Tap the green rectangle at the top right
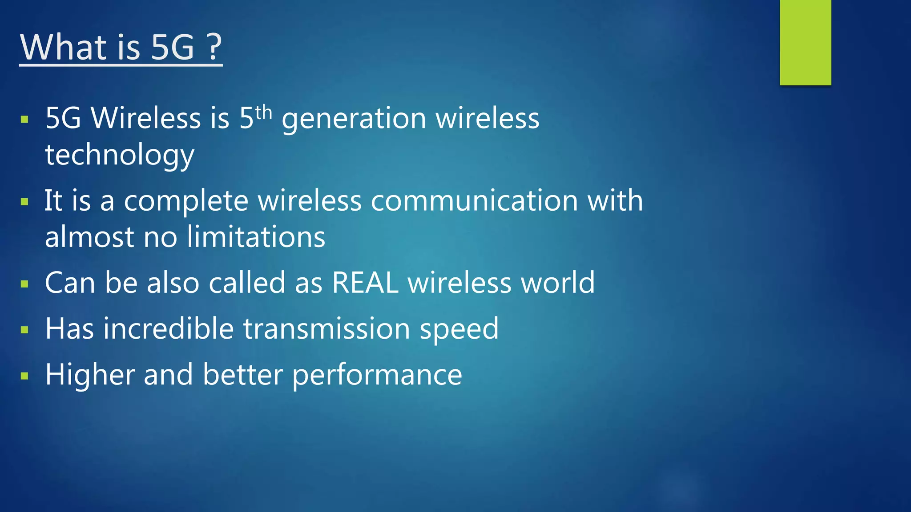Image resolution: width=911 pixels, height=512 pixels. click(x=805, y=42)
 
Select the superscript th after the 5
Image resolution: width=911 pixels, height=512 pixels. click(x=263, y=112)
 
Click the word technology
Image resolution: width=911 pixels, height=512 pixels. click(x=120, y=155)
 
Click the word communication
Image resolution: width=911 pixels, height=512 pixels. click(x=474, y=200)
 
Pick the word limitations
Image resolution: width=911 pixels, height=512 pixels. click(x=256, y=236)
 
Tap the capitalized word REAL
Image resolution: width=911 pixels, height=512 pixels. click(x=365, y=283)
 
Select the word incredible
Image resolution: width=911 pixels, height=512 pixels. click(x=169, y=329)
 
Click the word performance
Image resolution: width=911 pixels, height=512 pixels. click(x=377, y=375)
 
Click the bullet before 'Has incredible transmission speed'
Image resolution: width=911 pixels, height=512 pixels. click(x=24, y=330)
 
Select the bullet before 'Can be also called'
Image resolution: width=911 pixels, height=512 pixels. click(x=24, y=284)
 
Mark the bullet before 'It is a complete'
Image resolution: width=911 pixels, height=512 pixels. click(x=24, y=202)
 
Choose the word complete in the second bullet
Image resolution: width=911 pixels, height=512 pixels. click(x=186, y=201)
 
